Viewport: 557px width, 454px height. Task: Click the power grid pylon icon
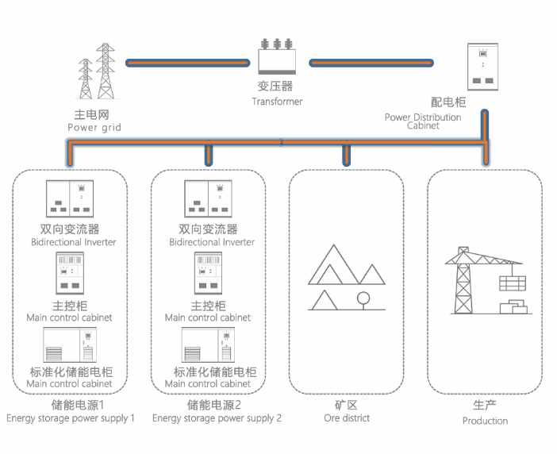(96, 71)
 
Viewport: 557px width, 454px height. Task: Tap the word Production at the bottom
(485, 421)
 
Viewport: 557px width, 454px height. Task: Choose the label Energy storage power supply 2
(217, 418)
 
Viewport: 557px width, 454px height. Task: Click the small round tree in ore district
(363, 300)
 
